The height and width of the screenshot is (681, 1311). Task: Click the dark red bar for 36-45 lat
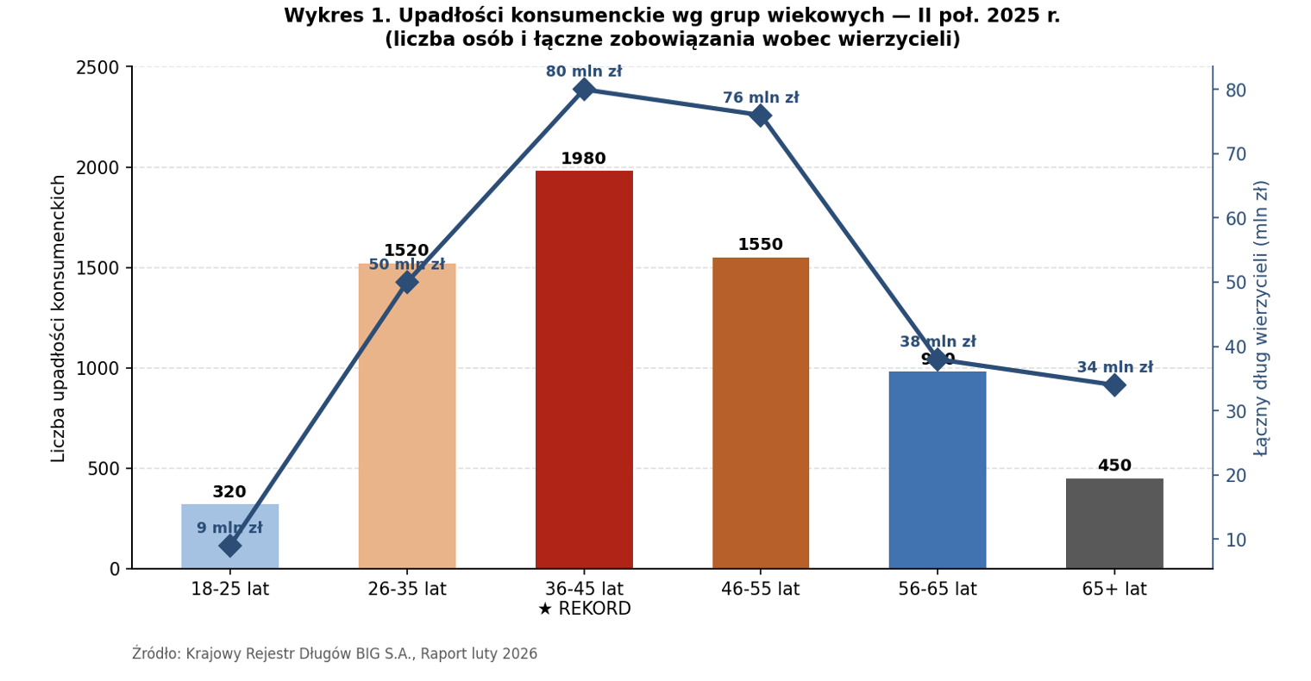[x=584, y=371]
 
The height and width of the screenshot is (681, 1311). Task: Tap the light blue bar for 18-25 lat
[x=229, y=552]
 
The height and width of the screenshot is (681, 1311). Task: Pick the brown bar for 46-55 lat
[x=760, y=414]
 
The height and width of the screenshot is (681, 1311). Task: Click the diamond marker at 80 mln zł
[x=584, y=89]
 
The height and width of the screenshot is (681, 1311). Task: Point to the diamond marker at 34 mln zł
[x=1113, y=384]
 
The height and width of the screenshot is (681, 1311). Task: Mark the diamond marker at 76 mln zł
[x=760, y=116]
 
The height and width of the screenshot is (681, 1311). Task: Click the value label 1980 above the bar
[x=584, y=159]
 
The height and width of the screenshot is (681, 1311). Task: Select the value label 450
[x=1113, y=466]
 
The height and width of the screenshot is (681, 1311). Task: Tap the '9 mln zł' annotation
[x=229, y=528]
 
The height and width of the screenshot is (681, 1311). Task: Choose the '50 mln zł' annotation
[x=406, y=266]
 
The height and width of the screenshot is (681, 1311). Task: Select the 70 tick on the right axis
[x=1236, y=154]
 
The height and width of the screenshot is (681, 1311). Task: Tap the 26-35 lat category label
[x=406, y=590]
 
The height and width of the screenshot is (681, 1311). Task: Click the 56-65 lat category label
[x=937, y=590]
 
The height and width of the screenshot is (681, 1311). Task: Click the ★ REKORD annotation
[x=584, y=609]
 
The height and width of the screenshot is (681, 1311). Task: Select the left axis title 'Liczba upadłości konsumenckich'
[x=59, y=318]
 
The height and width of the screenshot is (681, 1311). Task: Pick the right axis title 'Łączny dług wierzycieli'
[x=1261, y=318]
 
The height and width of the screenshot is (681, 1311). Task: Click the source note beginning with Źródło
[x=335, y=654]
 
